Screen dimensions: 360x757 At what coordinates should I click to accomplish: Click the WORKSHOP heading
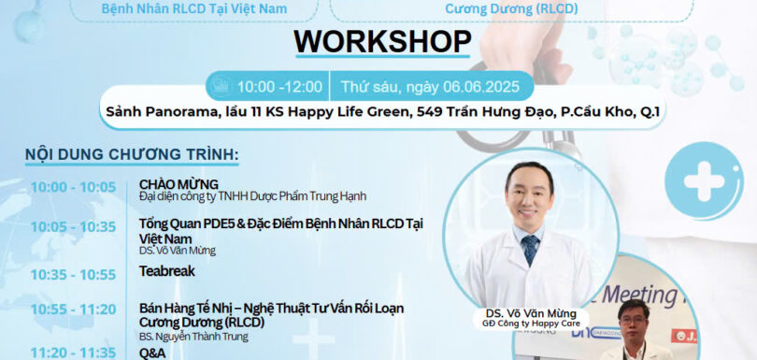pyautogui.click(x=382, y=41)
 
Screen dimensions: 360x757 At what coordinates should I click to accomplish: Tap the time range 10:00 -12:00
pyautogui.click(x=279, y=87)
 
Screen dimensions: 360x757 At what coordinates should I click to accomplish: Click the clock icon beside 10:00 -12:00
pyautogui.click(x=221, y=87)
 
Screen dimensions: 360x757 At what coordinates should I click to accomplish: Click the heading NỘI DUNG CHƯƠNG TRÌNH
pyautogui.click(x=132, y=153)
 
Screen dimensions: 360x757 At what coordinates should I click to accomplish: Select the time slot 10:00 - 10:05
pyautogui.click(x=73, y=186)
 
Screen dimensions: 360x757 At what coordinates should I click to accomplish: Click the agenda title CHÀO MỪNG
pyautogui.click(x=179, y=184)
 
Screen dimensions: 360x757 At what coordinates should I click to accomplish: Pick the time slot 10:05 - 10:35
pyautogui.click(x=73, y=226)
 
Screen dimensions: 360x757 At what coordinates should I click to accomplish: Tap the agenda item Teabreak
pyautogui.click(x=167, y=274)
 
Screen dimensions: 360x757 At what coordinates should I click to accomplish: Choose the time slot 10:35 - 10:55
pyautogui.click(x=73, y=275)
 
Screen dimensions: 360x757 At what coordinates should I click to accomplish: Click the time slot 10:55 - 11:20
pyautogui.click(x=73, y=310)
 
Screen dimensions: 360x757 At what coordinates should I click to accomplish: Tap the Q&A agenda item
pyautogui.click(x=153, y=353)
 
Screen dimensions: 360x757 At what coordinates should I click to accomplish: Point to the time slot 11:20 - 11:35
pyautogui.click(x=73, y=353)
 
